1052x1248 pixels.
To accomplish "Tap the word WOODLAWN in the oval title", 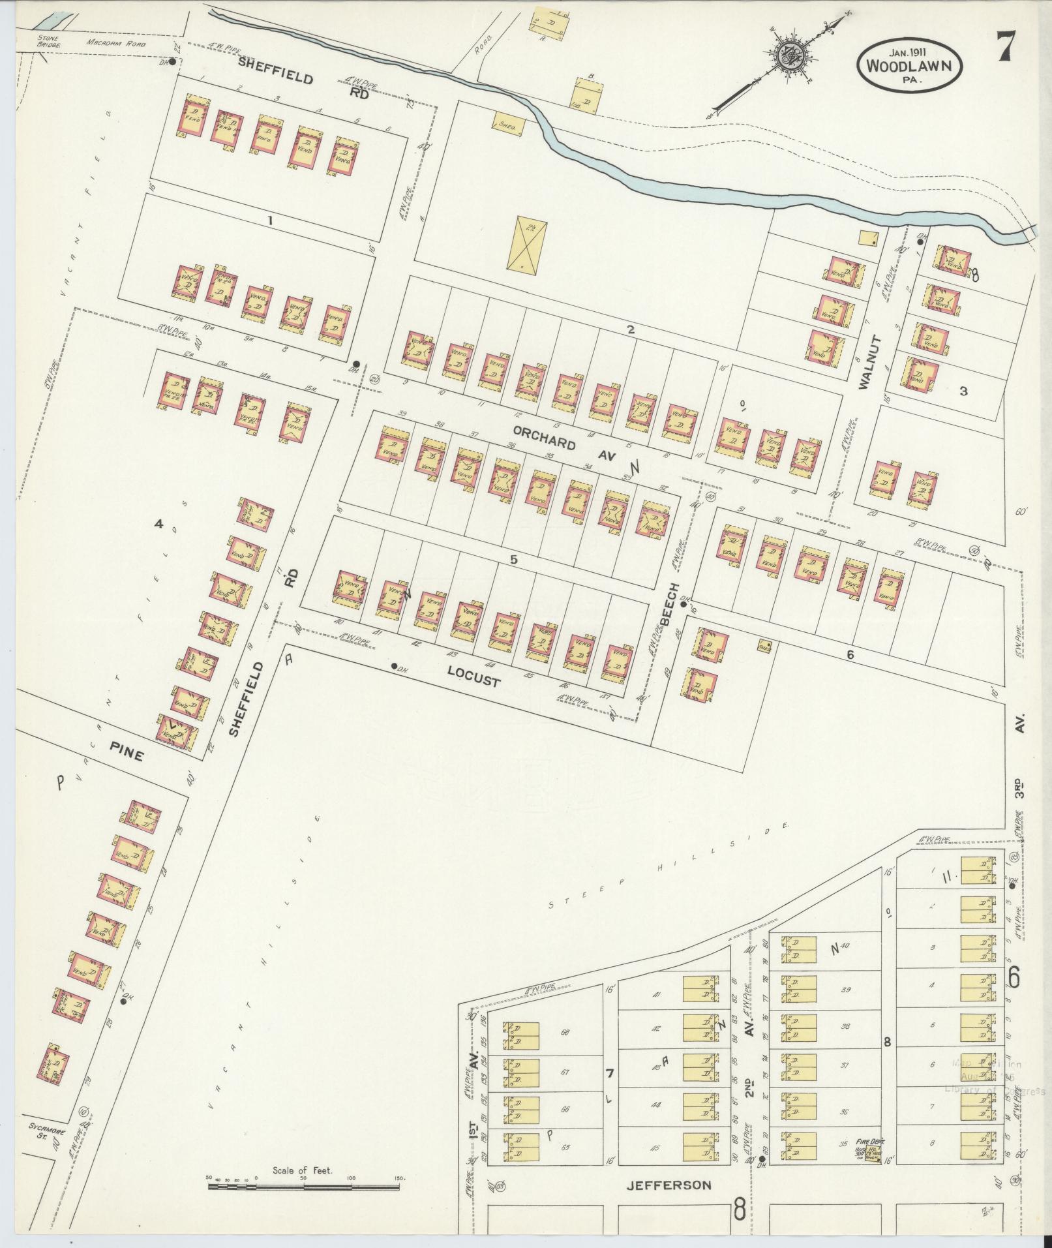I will coord(912,65).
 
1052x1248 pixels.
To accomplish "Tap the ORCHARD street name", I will coord(544,438).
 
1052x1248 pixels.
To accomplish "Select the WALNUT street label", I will coord(869,363).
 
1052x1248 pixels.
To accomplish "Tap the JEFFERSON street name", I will coord(669,1185).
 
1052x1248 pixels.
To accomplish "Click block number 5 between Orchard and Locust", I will coord(513,559).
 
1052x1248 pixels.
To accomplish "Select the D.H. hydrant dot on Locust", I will coord(394,666).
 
